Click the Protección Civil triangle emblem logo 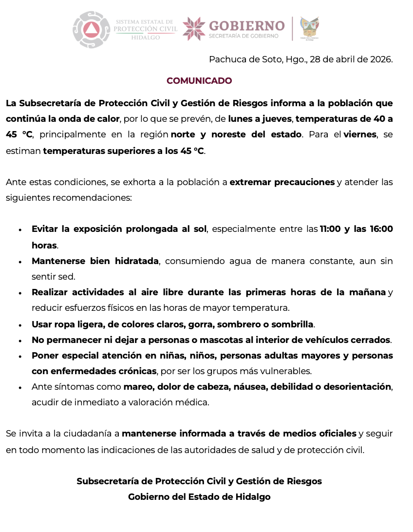point(92,30)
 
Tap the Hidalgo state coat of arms point(310,29)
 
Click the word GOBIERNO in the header point(246,25)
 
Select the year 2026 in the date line point(381,59)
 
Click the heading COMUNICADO point(199,81)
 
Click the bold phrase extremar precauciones point(282,182)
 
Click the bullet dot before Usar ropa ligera point(20,325)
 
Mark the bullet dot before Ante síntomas point(20,388)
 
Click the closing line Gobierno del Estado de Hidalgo point(199,497)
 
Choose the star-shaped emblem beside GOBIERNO point(194,29)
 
